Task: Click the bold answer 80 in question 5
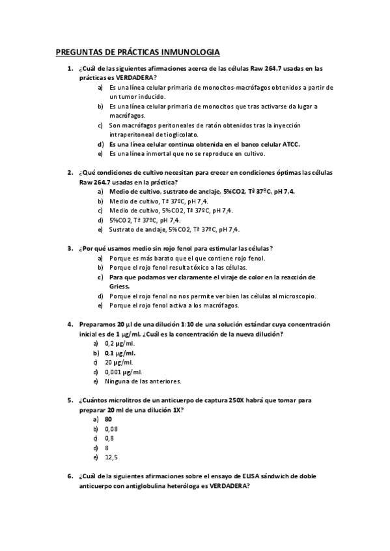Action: pos(108,419)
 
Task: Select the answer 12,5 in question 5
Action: pos(112,457)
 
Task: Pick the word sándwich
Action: pos(279,476)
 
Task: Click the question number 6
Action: pos(70,476)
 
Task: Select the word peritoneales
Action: pos(168,125)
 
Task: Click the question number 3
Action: pos(70,248)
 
